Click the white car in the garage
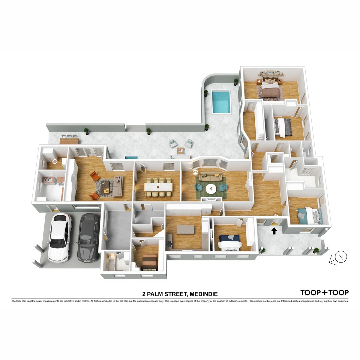(60, 237)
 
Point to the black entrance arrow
(274, 231)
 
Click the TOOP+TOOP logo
(324, 293)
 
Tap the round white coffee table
(211, 189)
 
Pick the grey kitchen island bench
(185, 230)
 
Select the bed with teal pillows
(309, 215)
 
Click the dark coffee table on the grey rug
(105, 189)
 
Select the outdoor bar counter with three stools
(69, 140)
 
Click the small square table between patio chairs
(181, 150)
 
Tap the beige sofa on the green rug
(210, 178)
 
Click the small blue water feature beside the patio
(131, 157)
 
